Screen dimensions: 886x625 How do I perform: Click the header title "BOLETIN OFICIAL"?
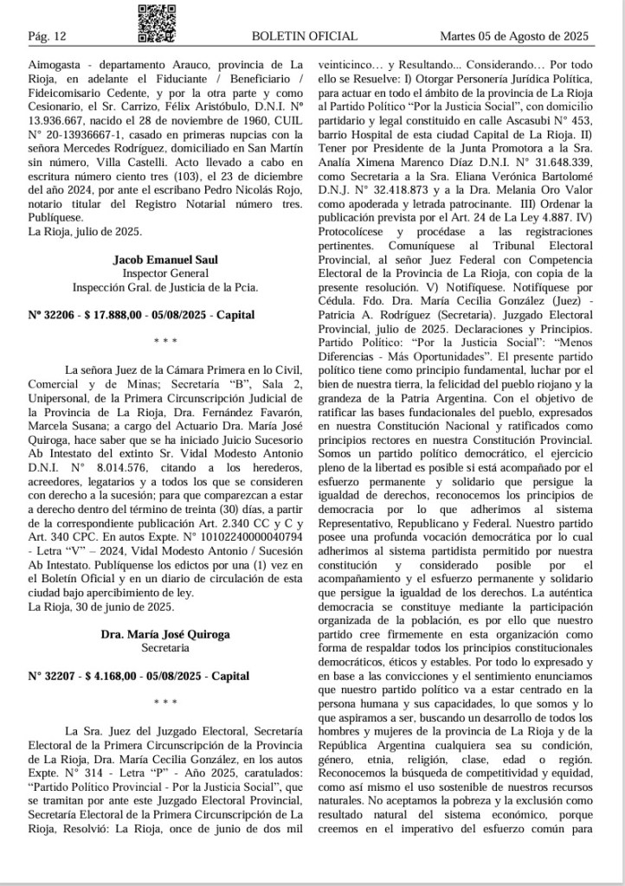304,35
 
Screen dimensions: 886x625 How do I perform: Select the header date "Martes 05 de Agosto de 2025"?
514,35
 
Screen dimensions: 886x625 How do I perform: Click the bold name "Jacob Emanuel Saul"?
164,260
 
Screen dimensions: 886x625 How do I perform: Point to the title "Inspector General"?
164,273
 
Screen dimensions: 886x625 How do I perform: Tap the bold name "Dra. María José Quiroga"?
164,633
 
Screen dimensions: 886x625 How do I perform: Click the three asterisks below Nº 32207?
164,702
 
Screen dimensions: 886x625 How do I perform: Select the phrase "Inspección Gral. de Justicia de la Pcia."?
164,287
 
